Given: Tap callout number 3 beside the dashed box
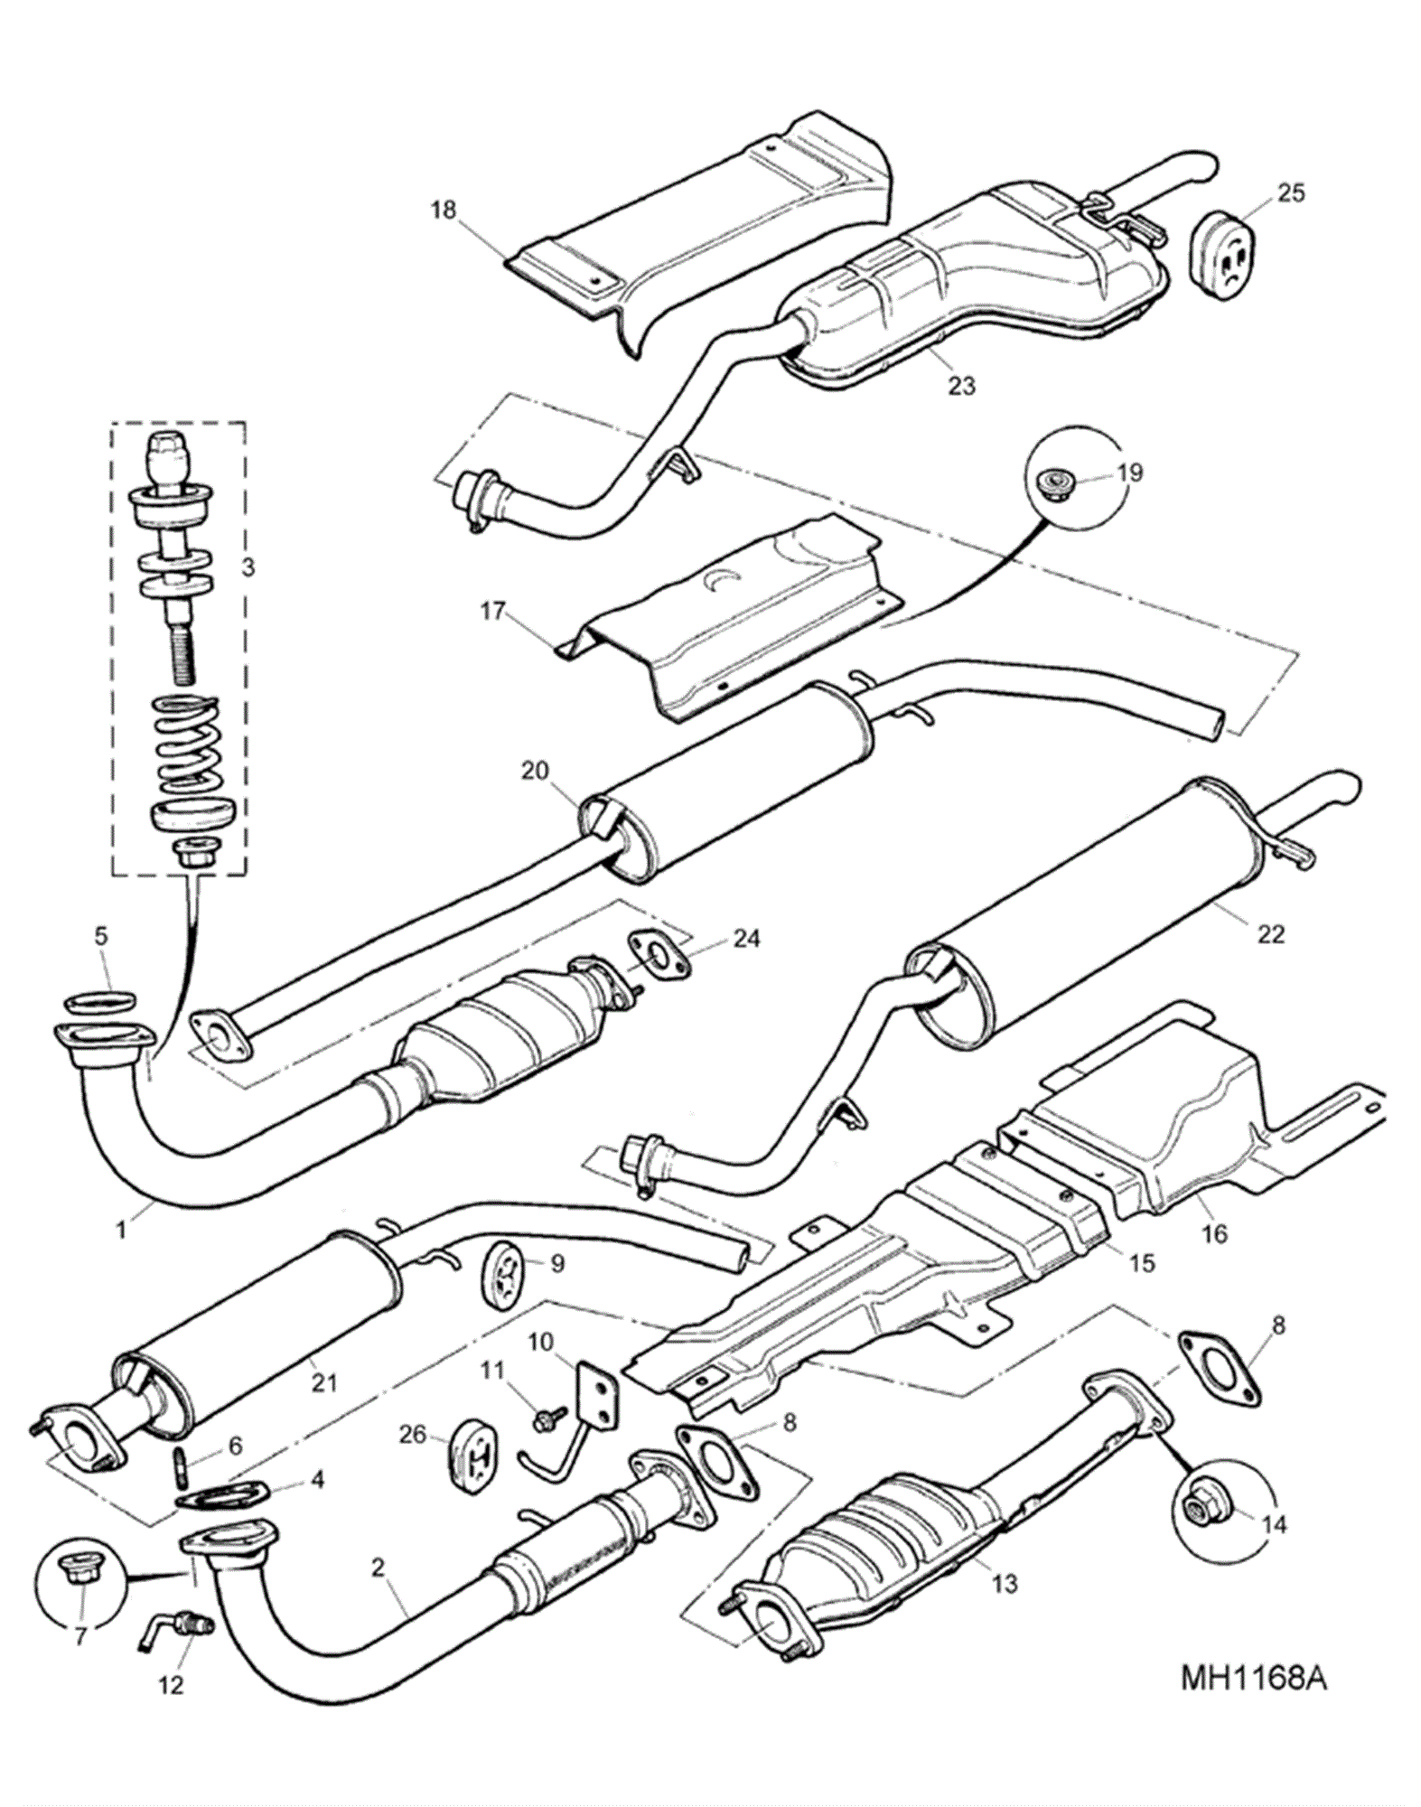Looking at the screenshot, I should point(248,566).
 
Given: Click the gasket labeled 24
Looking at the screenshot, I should point(658,958).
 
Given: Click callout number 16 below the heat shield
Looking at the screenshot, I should point(1216,1232).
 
